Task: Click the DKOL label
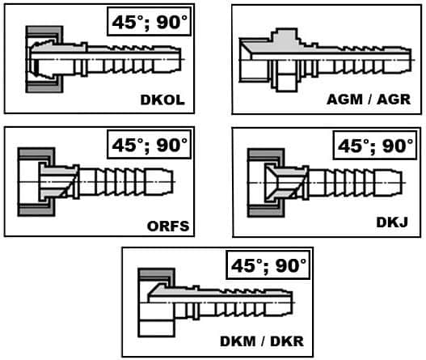point(162,100)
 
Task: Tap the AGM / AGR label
point(369,100)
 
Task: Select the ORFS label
point(168,227)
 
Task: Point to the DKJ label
point(392,222)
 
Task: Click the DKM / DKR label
point(262,341)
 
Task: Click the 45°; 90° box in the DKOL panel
point(150,22)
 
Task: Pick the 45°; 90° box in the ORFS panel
point(150,144)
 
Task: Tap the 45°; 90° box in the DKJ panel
point(374,145)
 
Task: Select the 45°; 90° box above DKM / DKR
point(268,265)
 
